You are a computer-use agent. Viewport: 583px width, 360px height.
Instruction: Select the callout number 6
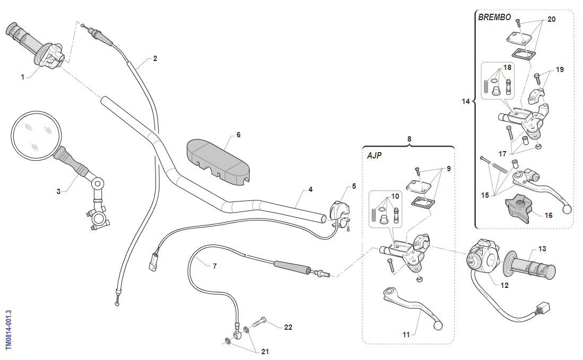(x=238, y=135)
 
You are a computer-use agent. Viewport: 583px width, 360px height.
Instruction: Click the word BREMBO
(x=494, y=17)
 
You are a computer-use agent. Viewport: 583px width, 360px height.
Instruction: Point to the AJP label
(x=375, y=156)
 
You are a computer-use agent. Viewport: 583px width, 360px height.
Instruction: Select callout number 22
(x=288, y=327)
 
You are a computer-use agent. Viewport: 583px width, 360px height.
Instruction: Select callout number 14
(x=466, y=101)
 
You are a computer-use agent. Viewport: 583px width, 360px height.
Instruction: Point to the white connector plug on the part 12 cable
(x=543, y=309)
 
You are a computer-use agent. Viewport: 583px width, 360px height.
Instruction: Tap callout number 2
(x=155, y=58)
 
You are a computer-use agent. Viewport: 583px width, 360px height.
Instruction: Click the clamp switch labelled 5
(x=339, y=210)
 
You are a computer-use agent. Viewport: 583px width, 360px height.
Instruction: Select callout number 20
(x=551, y=19)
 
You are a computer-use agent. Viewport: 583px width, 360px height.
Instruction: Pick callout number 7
(x=214, y=266)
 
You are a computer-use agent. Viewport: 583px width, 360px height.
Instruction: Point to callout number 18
(x=508, y=68)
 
